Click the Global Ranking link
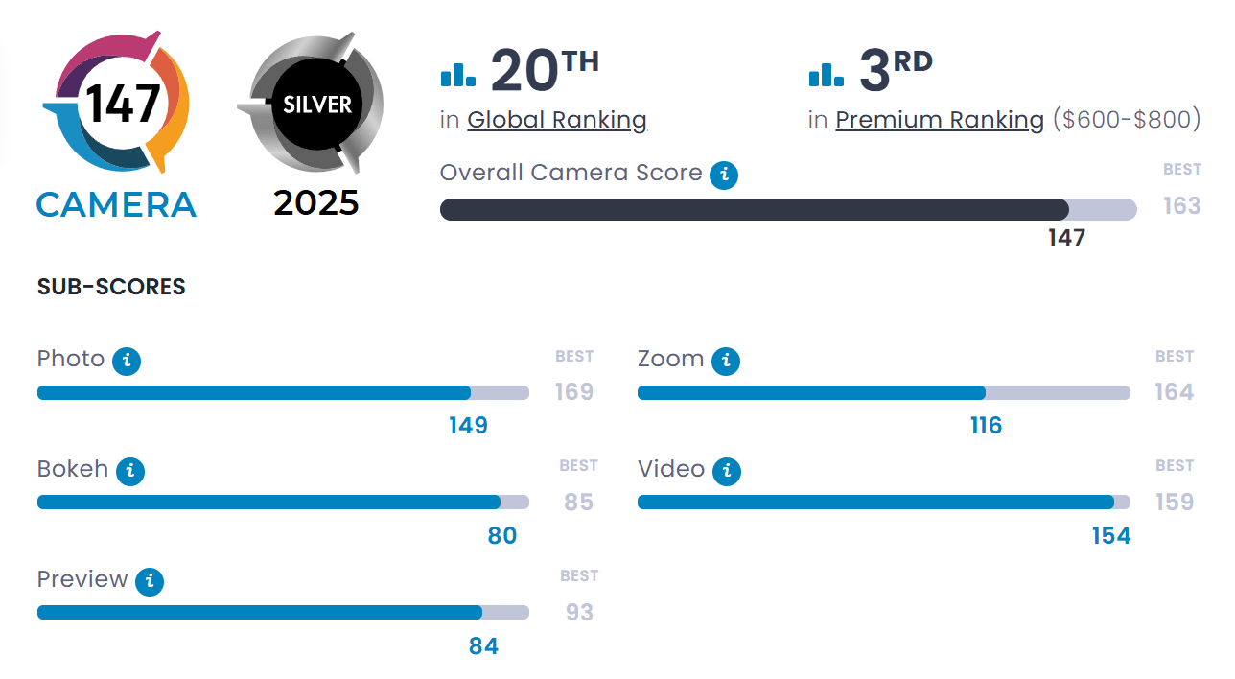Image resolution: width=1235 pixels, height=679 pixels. tap(557, 120)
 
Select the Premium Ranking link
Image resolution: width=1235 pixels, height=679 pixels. tap(940, 120)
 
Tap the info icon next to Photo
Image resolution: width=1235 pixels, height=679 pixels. tap(127, 361)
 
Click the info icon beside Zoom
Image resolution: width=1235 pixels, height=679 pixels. tap(727, 361)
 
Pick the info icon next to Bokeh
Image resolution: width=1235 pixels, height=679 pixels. tap(130, 471)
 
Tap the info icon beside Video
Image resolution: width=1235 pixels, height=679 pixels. tap(727, 471)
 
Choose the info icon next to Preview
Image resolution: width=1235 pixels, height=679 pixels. tap(150, 581)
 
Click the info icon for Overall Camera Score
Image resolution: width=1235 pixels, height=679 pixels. tap(724, 175)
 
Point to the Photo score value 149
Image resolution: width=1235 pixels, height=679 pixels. tap(468, 425)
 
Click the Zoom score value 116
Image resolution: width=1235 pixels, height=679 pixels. tap(986, 425)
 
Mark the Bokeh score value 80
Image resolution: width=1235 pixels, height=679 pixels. tap(502, 535)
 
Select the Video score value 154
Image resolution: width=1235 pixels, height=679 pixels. tap(1111, 535)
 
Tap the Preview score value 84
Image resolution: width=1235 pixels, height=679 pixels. tap(483, 645)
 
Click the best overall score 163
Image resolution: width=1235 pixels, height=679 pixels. tap(1181, 205)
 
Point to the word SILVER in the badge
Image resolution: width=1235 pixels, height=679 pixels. tap(317, 104)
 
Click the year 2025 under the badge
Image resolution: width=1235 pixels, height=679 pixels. tap(316, 202)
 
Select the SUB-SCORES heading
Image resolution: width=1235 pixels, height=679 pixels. tap(111, 287)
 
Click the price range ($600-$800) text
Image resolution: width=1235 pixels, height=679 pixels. tap(1127, 120)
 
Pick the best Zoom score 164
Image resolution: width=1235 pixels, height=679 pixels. tap(1175, 391)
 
